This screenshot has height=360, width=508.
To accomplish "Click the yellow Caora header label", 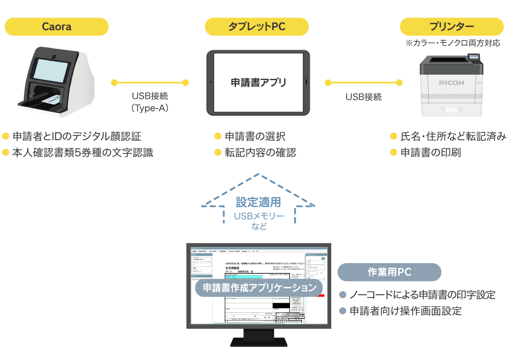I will pos(56,26).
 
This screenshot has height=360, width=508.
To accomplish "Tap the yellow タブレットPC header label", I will pos(257,26).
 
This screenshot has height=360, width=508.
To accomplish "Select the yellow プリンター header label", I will pos(451,26).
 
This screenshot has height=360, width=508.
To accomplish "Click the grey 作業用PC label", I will pos(389,272).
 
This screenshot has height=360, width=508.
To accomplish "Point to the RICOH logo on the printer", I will pos(451,83).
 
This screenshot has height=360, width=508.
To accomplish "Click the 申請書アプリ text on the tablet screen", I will pos(258,83).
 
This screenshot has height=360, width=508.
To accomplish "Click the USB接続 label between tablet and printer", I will pos(364,97).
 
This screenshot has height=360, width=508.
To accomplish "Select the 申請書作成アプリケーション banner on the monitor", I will pos(259,288).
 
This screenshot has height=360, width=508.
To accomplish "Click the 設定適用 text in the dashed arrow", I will pos(258,202).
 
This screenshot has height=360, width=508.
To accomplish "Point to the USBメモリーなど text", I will pos(258,221).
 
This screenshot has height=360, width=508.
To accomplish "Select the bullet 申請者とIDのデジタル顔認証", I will pos(77,137).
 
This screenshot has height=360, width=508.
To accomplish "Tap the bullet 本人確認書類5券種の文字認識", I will pos(83,153).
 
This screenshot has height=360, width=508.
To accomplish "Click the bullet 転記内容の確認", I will pos(260,152).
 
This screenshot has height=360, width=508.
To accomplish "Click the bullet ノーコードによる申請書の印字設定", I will pos(422,294).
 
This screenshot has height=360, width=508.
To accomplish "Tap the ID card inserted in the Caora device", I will pos(50,100).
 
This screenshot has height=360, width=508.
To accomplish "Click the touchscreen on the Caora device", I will pos(51,69).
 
